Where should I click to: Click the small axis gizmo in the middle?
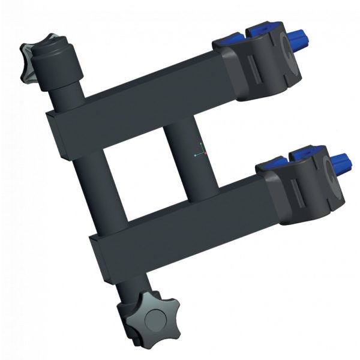[201, 153]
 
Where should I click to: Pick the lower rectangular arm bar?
[180, 222]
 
